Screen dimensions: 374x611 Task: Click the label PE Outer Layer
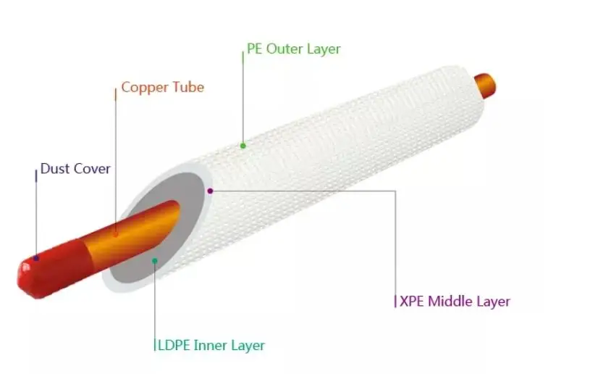[x=293, y=49]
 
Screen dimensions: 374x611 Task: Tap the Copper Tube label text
[x=162, y=88]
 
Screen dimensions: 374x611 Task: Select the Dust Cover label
[x=75, y=169]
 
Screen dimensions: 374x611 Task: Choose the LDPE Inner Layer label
[x=211, y=346]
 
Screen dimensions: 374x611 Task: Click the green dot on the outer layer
[x=243, y=146]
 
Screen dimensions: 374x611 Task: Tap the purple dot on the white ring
[x=210, y=191]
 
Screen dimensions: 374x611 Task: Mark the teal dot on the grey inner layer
[x=154, y=260]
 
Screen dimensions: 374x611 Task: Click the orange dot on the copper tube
[x=116, y=233]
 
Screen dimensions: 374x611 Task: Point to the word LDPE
[x=173, y=346]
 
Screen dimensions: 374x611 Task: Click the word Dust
[x=55, y=169]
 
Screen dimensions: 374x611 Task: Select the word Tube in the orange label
[x=187, y=88]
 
